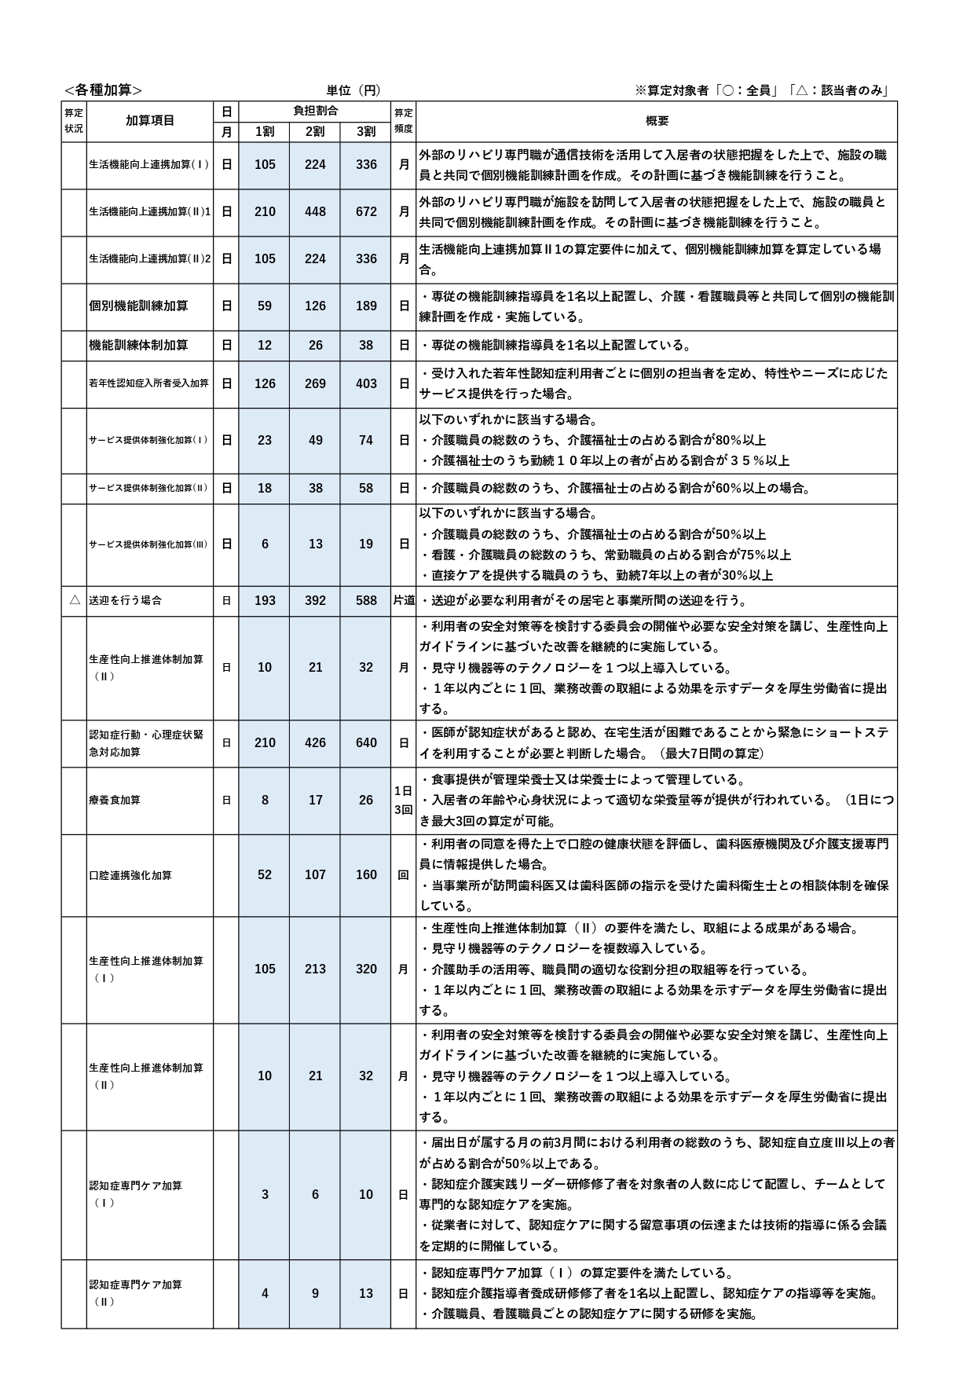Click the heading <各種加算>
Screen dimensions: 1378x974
103,90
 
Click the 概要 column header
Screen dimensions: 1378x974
657,121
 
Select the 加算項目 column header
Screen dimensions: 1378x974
149,121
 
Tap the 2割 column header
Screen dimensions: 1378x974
315,132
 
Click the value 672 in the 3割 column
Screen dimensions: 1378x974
366,212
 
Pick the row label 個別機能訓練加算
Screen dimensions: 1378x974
138,306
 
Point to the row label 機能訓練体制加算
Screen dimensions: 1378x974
138,345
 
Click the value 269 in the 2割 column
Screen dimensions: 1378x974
315,383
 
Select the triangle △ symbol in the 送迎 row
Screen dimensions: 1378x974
74,600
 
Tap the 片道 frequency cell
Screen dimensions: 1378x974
404,600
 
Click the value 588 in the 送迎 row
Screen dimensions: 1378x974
366,600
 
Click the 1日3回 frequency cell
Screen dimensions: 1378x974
403,799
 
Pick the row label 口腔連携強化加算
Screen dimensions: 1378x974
130,875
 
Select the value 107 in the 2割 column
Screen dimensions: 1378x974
315,874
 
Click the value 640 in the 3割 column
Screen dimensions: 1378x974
366,742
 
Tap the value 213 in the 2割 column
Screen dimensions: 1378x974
315,969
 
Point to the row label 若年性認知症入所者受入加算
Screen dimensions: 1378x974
148,383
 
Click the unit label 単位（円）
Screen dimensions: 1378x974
353,90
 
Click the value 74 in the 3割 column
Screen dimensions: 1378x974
366,440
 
